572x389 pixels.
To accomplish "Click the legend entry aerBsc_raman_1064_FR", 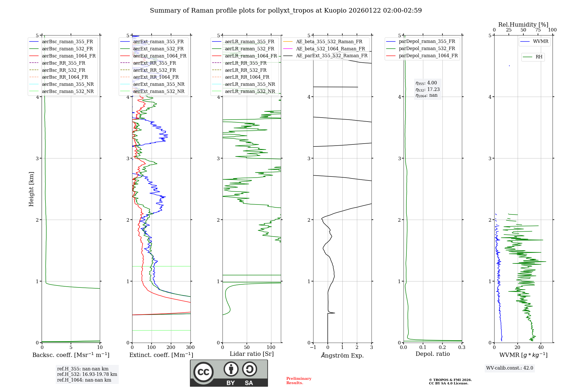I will [69, 56].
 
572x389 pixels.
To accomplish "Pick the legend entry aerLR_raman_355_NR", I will [250, 84].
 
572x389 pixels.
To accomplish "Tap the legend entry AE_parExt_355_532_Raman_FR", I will [331, 56].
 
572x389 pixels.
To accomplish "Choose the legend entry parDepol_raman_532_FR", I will [427, 49].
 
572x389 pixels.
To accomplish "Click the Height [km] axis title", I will [31, 189].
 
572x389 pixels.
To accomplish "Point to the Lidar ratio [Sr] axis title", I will [252, 354].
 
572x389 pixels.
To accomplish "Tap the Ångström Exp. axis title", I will [342, 356].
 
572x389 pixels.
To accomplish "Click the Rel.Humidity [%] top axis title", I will [523, 25].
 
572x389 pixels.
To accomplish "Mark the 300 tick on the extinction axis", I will [190, 348].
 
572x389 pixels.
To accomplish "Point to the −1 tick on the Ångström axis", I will [313, 348].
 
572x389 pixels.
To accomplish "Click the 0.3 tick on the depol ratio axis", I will [462, 348].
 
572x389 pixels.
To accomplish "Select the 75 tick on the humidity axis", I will [538, 30].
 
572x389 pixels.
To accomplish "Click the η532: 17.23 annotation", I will [428, 90].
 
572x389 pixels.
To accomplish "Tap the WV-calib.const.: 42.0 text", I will [510, 368].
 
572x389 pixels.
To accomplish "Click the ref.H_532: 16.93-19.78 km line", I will [87, 374].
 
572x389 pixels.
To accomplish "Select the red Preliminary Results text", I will [299, 381].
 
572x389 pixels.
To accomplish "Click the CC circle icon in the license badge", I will [203, 372].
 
